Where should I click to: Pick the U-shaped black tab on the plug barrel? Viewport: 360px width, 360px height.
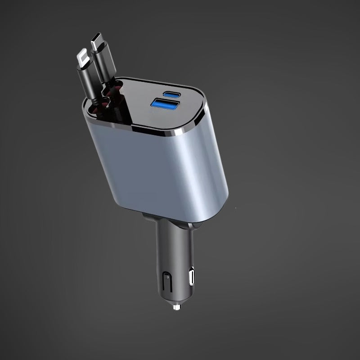(166, 281)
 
